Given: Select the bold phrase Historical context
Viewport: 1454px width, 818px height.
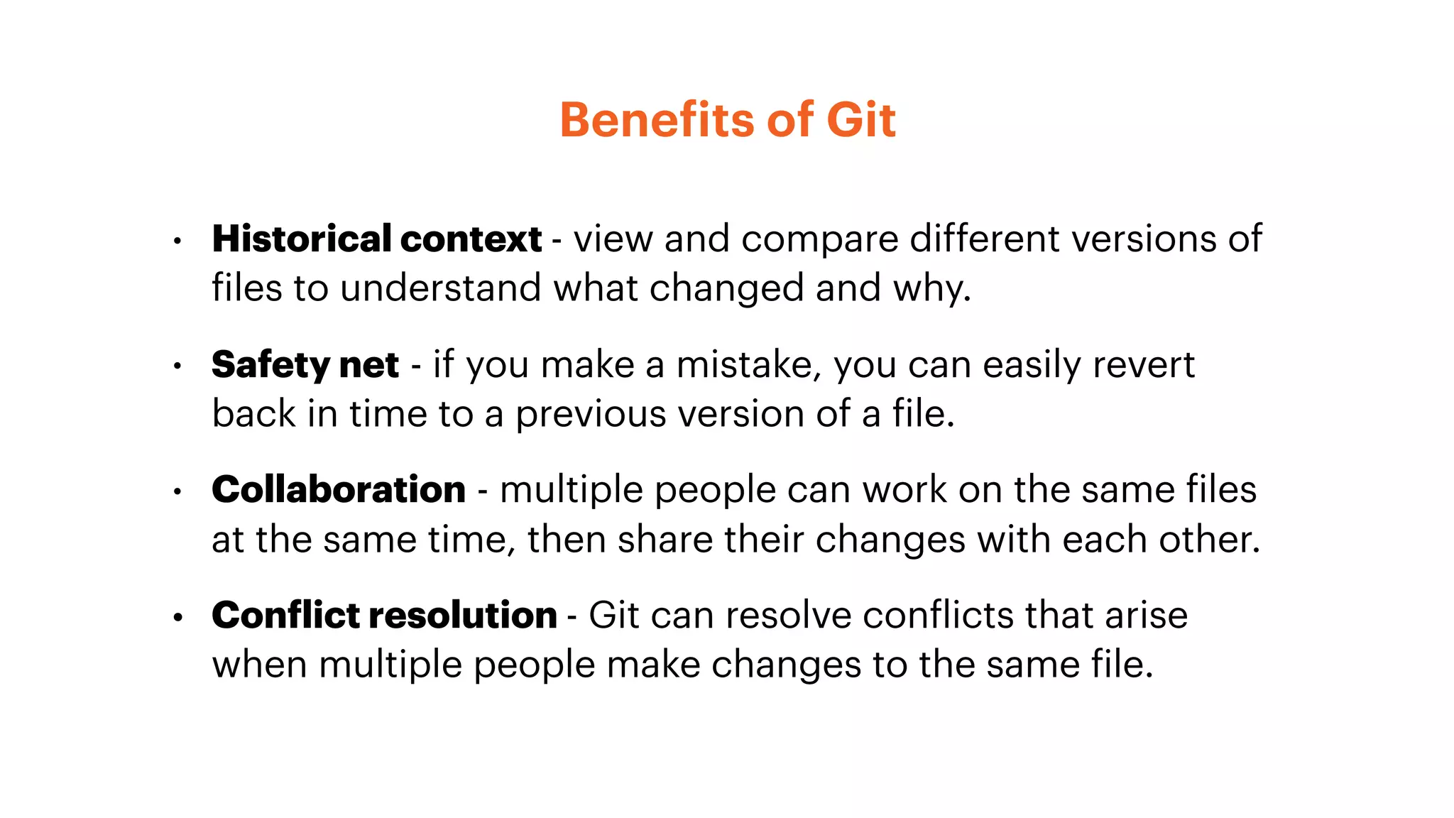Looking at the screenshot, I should pos(377,239).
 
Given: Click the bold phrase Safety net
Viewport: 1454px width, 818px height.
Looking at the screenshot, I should pos(305,365).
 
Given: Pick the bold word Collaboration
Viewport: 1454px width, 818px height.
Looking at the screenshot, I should pos(339,490).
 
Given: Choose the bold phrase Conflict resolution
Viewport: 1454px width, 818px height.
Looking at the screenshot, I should pos(384,615).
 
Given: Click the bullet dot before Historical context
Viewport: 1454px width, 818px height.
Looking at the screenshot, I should pos(177,241).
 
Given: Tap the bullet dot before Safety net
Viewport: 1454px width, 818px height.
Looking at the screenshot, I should pos(177,367).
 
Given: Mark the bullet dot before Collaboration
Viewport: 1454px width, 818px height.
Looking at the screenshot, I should pos(177,492).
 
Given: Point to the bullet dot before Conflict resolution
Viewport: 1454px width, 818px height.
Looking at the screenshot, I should pos(177,618).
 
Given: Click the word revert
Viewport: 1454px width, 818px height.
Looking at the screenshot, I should pos(1143,365).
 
